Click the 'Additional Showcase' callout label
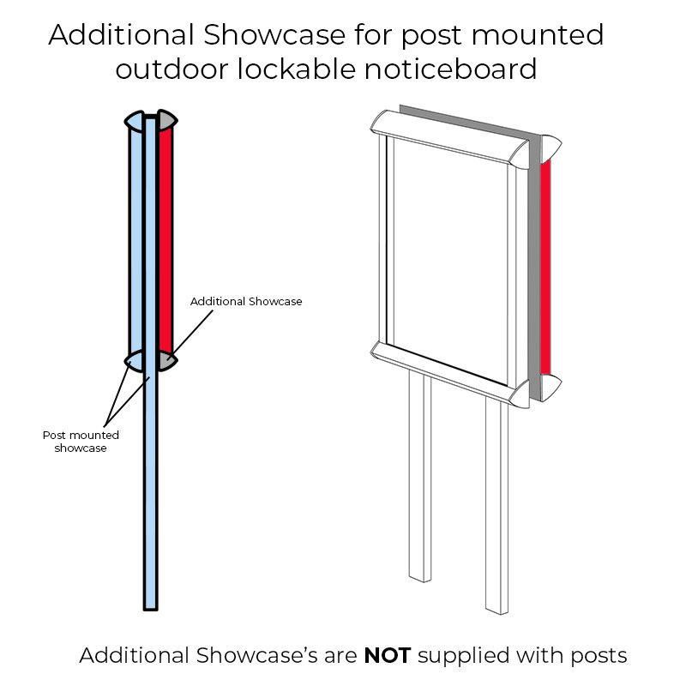(x=246, y=302)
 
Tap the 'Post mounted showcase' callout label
(x=81, y=441)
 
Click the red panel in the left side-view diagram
(x=165, y=240)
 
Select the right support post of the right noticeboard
(x=496, y=506)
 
